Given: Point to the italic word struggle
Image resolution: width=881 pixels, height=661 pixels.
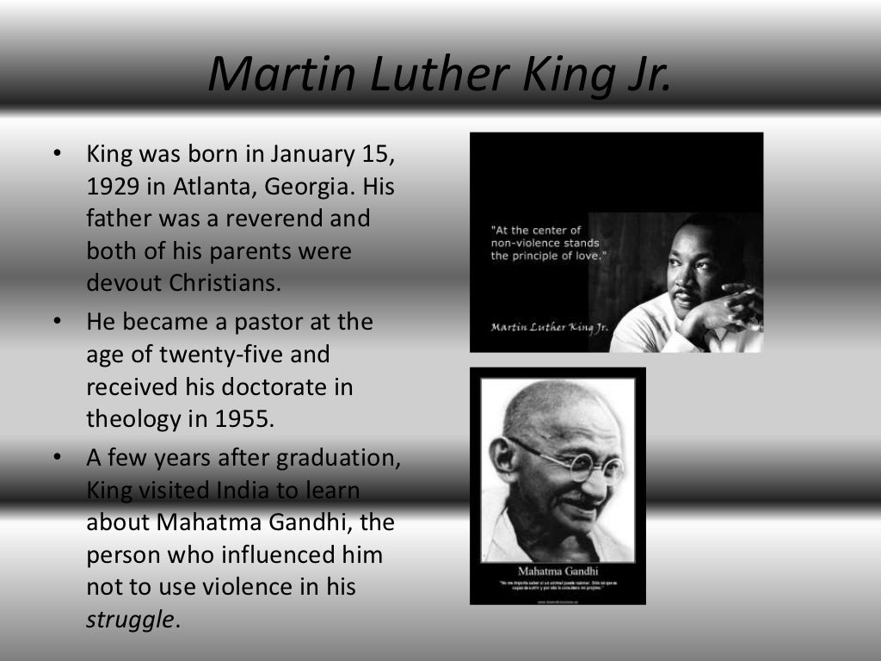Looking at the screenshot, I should click(130, 620).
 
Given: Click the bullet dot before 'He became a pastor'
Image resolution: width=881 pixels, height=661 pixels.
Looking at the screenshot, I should click(57, 322).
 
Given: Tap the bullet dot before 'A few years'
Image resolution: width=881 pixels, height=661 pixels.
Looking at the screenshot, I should click(57, 458).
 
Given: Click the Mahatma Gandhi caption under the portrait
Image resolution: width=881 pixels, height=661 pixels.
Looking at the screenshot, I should click(557, 571).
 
